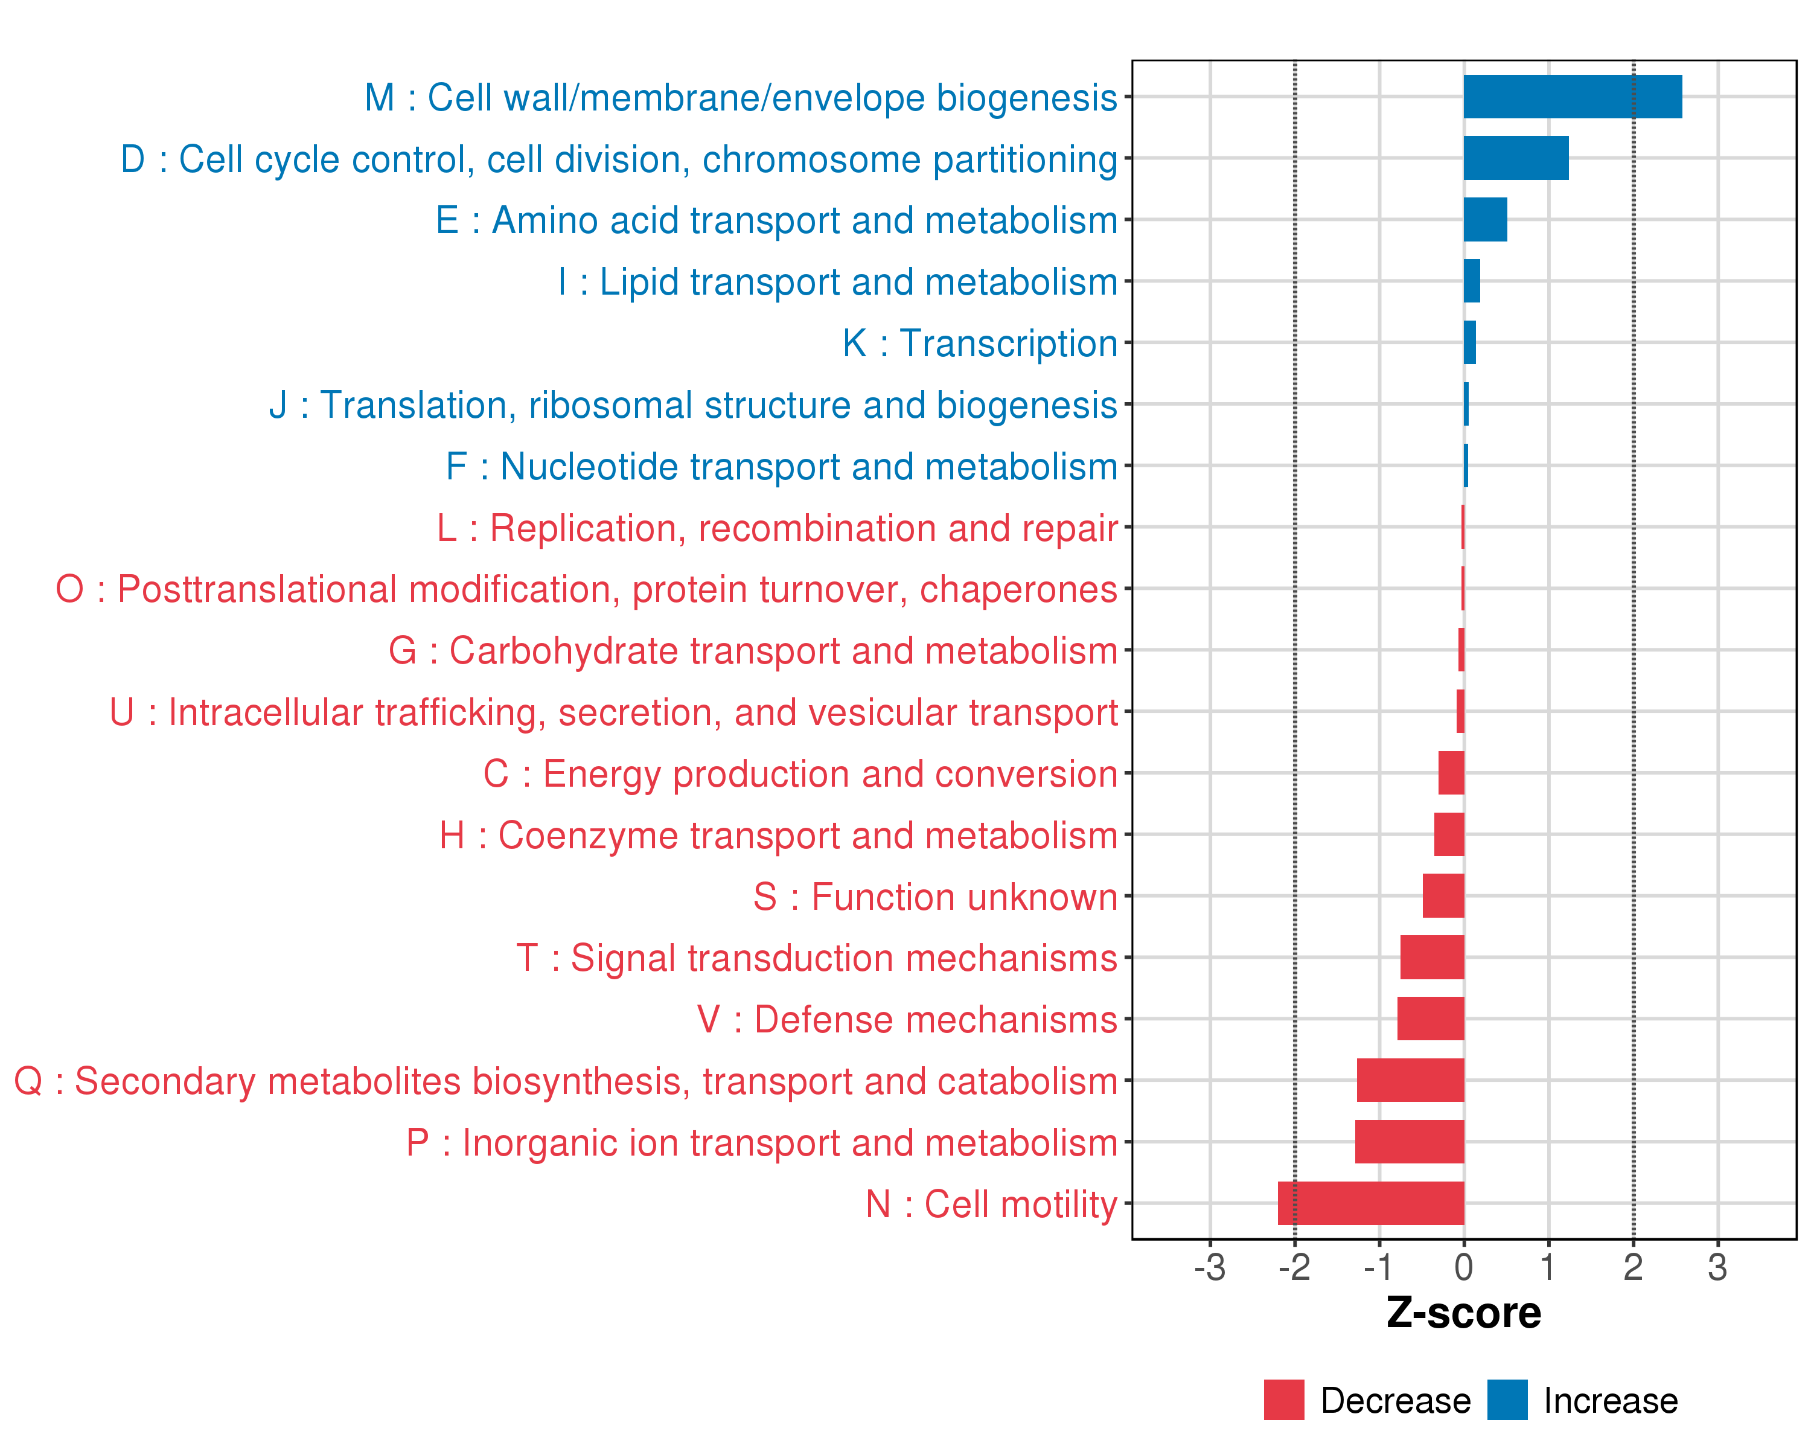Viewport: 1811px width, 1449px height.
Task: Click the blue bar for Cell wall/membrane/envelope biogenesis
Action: coord(1573,97)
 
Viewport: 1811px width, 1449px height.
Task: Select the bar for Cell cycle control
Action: coord(1515,158)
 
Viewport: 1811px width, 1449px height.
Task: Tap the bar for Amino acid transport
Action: coord(1485,219)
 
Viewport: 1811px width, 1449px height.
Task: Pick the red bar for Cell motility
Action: coord(1371,1203)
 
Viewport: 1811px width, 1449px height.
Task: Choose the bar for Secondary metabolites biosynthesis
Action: coord(1410,1080)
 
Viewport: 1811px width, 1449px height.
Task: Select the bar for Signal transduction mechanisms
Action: coord(1432,958)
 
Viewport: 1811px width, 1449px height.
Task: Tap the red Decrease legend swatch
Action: coord(1283,1400)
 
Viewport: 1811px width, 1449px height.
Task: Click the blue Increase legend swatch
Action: coord(1507,1400)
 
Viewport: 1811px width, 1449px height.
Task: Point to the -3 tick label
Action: coord(1210,1267)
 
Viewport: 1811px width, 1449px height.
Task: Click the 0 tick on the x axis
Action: coord(1464,1267)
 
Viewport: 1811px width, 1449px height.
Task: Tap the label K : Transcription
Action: coord(979,344)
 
